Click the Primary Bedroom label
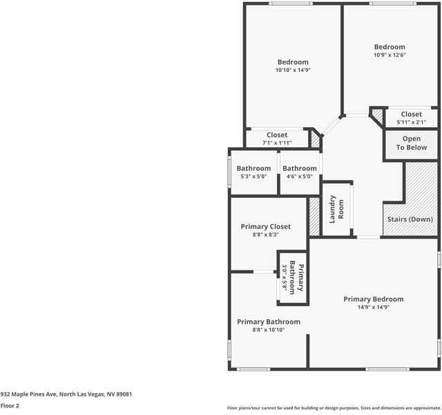pyautogui.click(x=374, y=299)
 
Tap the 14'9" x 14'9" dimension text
pyautogui.click(x=374, y=307)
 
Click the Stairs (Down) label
pyautogui.click(x=410, y=219)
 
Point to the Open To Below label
pyautogui.click(x=411, y=143)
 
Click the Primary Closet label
pyautogui.click(x=265, y=226)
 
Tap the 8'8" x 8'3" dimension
pyautogui.click(x=265, y=235)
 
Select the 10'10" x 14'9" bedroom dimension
pyautogui.click(x=293, y=70)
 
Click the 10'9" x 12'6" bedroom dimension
pyautogui.click(x=390, y=55)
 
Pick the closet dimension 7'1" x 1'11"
pyautogui.click(x=277, y=143)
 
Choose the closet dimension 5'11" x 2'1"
pyautogui.click(x=411, y=122)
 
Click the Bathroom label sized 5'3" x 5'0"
pyautogui.click(x=253, y=168)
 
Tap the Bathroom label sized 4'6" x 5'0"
pyautogui.click(x=300, y=168)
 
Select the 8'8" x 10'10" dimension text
pyautogui.click(x=268, y=330)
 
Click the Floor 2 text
pyautogui.click(x=10, y=406)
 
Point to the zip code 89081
pyautogui.click(x=122, y=394)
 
